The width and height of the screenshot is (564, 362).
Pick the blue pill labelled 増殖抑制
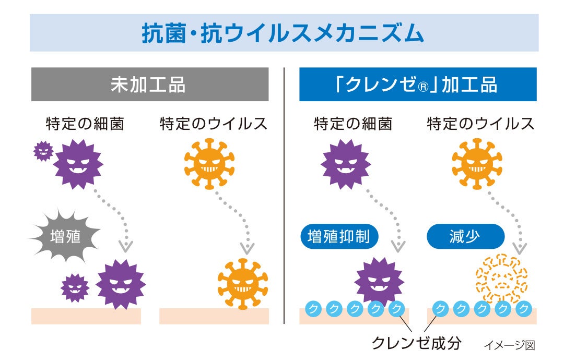[x=339, y=237]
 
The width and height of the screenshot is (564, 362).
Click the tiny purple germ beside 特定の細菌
[x=43, y=151]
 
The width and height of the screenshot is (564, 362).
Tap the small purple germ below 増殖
[x=75, y=288]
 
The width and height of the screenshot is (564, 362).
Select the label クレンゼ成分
[x=416, y=343]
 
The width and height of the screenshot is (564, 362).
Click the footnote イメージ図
[x=509, y=345]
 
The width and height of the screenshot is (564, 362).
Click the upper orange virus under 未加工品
[x=209, y=164]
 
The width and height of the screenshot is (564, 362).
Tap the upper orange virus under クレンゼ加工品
[x=476, y=164]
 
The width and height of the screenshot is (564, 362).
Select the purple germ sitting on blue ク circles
[x=379, y=282]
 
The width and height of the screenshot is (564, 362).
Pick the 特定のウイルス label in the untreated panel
[x=213, y=124]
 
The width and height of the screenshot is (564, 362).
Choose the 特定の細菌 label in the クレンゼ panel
[x=352, y=124]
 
